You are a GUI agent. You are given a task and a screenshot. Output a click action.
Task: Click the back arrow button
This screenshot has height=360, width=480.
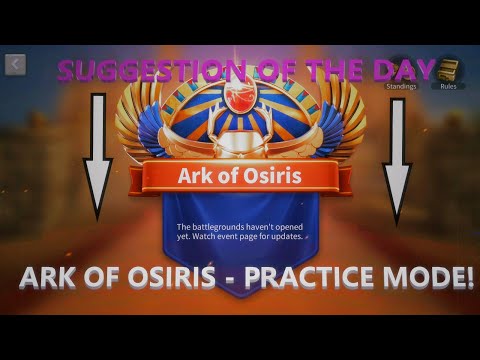[x=15, y=65]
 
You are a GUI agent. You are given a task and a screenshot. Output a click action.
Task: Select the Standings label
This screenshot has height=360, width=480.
[x=400, y=86]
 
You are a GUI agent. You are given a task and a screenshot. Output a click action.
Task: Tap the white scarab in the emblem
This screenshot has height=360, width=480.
[x=241, y=141]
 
